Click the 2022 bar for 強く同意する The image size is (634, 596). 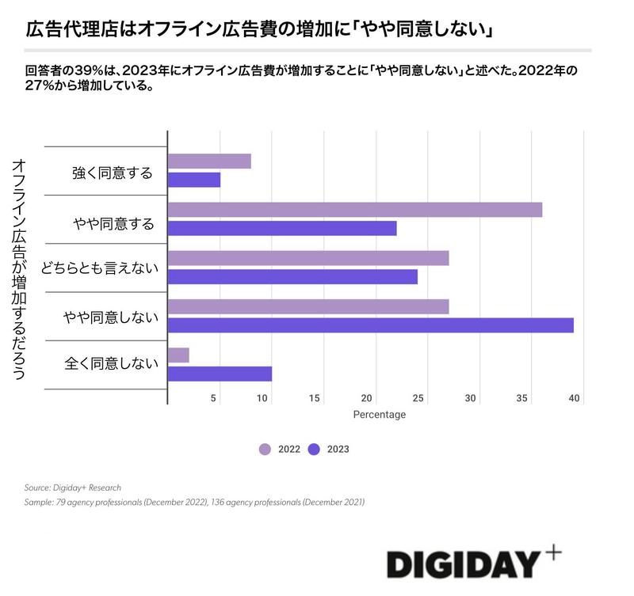[x=209, y=161]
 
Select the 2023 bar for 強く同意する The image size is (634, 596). [x=194, y=180]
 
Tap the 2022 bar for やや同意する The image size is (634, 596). [x=355, y=210]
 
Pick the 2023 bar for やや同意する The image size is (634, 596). [x=282, y=228]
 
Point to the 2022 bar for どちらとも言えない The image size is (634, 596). [x=308, y=258]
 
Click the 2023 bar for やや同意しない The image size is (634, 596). [x=371, y=325]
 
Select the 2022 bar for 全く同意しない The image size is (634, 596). [x=178, y=355]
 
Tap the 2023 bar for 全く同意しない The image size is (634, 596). [x=220, y=374]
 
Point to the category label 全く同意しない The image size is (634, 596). [x=112, y=364]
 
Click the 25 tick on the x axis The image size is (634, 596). [x=418, y=398]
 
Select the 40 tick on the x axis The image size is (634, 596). [x=575, y=398]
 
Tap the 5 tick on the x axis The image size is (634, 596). [x=214, y=398]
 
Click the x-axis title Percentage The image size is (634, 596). [x=379, y=415]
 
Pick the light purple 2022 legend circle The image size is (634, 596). [x=265, y=450]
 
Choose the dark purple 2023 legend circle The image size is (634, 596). [x=314, y=450]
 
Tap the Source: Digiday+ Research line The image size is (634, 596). [x=73, y=488]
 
